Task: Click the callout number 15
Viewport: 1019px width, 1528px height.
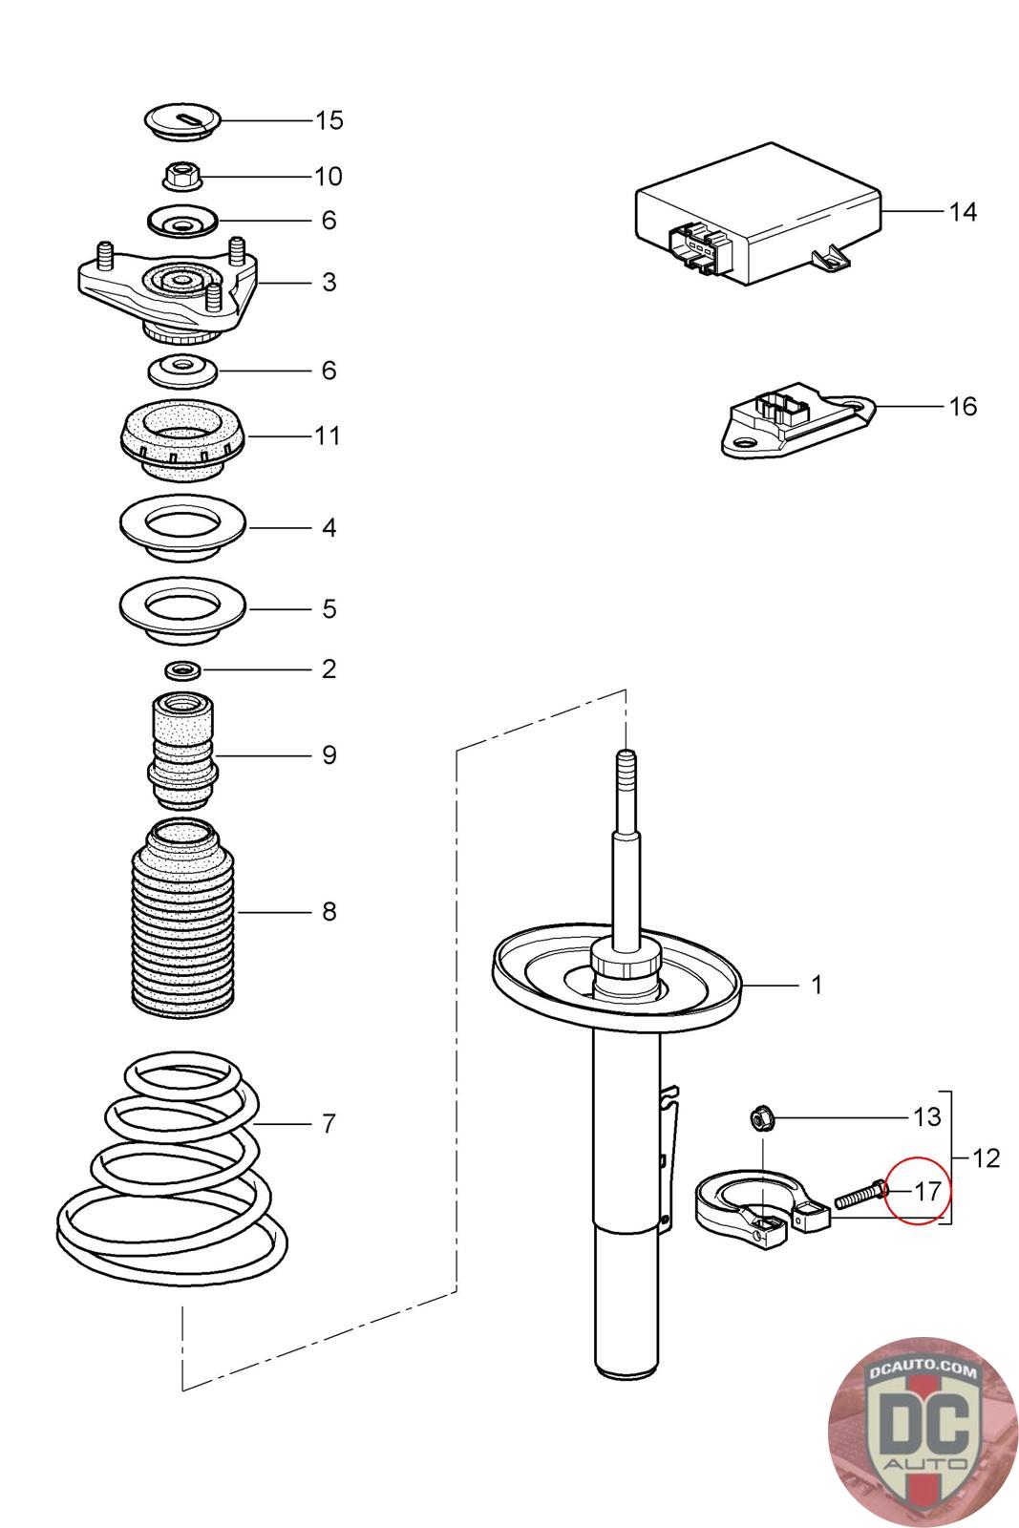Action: pos(329,120)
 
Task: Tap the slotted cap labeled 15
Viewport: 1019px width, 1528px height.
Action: pos(182,121)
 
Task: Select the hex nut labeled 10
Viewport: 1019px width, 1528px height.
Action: pos(181,176)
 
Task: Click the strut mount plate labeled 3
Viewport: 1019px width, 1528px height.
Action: pos(168,286)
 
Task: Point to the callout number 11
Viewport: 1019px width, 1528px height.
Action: pos(328,436)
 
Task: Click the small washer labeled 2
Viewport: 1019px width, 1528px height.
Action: pos(182,669)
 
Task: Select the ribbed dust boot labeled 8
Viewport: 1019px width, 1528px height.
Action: pos(182,917)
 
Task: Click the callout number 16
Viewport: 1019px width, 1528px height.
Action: pos(963,407)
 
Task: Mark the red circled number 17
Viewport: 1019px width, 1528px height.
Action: pos(926,1191)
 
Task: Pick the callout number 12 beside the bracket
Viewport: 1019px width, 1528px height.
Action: pos(986,1158)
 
